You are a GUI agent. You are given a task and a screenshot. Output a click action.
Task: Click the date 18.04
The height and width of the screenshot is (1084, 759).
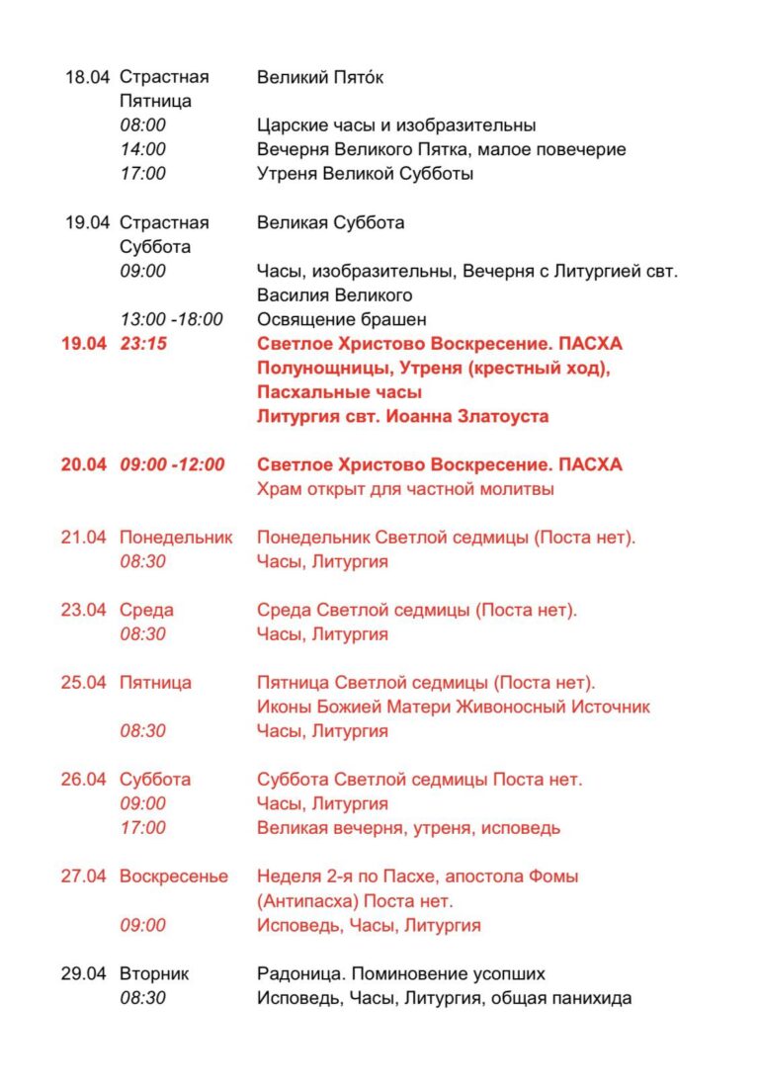click(x=87, y=77)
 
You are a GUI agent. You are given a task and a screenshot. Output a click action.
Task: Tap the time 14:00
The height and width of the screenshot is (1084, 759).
click(x=143, y=149)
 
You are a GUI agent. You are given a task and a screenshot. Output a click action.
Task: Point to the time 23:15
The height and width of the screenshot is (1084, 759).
click(x=143, y=344)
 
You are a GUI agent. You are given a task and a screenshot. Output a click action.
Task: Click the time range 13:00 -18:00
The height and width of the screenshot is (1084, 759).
click(x=172, y=319)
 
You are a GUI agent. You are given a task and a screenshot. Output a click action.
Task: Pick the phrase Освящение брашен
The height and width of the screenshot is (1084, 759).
click(x=341, y=319)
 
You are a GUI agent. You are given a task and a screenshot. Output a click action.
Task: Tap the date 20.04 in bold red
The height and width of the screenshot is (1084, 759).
click(x=83, y=464)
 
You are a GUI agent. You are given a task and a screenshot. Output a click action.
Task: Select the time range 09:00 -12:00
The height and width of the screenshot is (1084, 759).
click(x=172, y=464)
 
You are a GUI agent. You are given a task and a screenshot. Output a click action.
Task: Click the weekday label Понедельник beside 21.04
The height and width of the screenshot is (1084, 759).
click(x=176, y=538)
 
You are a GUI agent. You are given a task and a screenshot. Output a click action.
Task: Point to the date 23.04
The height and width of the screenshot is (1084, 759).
click(x=83, y=610)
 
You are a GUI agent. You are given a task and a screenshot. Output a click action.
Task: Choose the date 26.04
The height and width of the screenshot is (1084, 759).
click(x=83, y=780)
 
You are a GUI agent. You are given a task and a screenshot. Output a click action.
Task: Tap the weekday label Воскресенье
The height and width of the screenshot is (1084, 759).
click(x=174, y=876)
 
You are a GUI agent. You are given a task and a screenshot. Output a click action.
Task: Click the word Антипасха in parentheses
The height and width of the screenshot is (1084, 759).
click(x=311, y=901)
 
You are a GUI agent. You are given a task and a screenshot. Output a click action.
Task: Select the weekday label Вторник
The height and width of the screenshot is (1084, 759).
click(x=154, y=973)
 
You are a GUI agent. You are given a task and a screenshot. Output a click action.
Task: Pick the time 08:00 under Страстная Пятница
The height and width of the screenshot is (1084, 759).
click(x=143, y=125)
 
